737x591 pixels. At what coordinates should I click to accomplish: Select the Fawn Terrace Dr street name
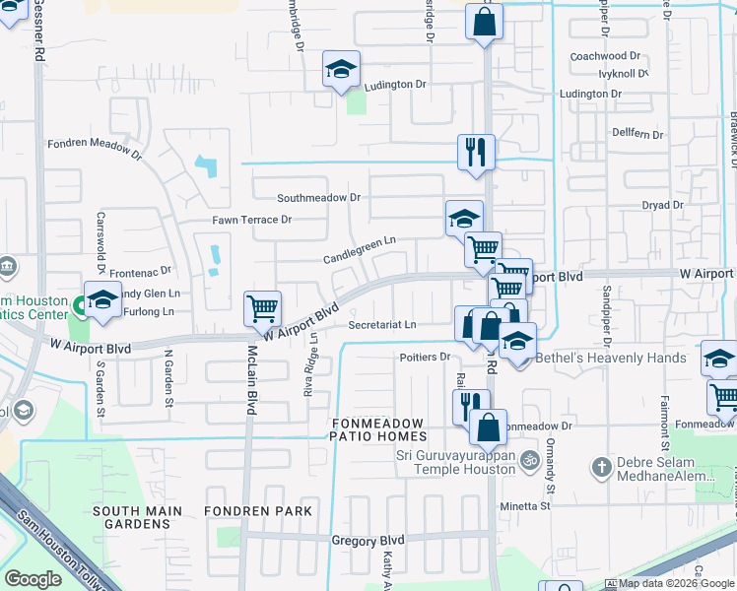[252, 219]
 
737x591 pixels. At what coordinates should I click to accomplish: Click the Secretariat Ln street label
[382, 324]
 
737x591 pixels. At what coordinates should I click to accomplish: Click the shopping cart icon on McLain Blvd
[263, 308]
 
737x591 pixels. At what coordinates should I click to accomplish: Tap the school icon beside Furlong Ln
[101, 299]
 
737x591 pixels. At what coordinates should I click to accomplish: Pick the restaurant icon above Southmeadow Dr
[475, 152]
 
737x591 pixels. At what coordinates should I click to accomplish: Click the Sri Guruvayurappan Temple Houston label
[455, 463]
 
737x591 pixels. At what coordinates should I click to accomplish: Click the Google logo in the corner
[33, 579]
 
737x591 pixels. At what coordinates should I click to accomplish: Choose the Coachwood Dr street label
[605, 57]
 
